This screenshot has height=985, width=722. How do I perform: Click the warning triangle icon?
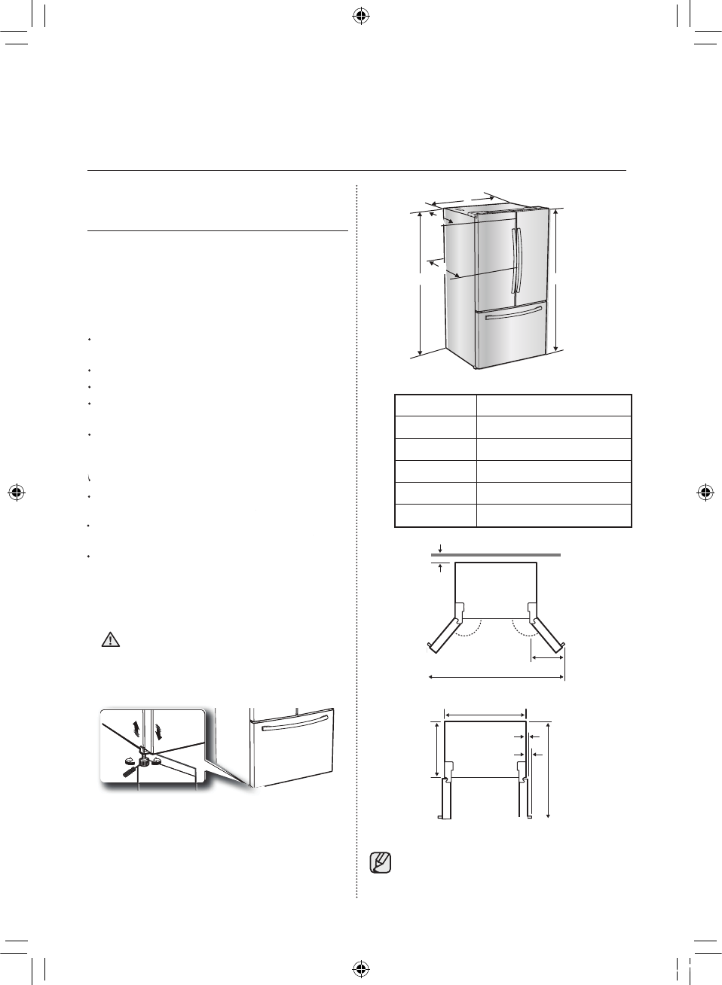pyautogui.click(x=111, y=640)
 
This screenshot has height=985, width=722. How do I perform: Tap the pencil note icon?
pyautogui.click(x=381, y=862)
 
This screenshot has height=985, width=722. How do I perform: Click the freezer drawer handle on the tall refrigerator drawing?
pyautogui.click(x=514, y=313)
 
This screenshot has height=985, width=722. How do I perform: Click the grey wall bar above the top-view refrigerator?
pyautogui.click(x=495, y=554)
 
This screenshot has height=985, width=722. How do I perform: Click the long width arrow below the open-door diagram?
pyautogui.click(x=496, y=677)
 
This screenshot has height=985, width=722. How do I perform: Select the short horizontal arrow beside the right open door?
pyautogui.click(x=547, y=658)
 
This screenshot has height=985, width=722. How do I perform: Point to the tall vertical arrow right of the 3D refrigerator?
pyautogui.click(x=556, y=279)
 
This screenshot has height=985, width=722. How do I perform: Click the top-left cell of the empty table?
pyautogui.click(x=436, y=405)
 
